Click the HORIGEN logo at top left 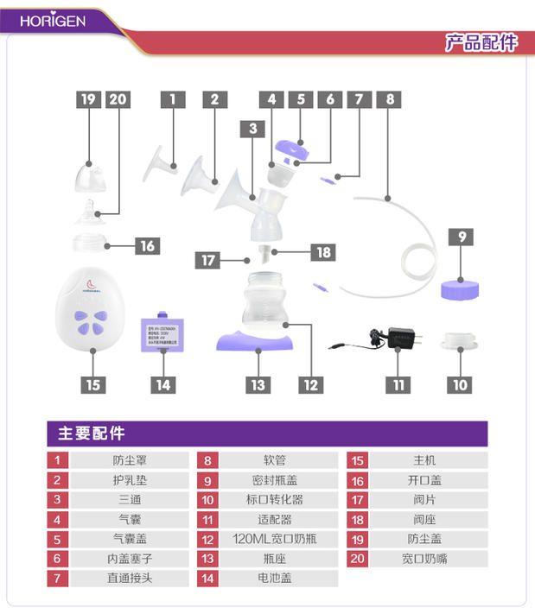click(x=53, y=20)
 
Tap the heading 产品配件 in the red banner click(x=481, y=42)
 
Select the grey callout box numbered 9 click(x=462, y=235)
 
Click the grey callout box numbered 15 click(x=92, y=384)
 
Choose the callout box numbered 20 click(x=118, y=99)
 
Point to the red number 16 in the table click(x=358, y=480)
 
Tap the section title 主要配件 click(x=91, y=434)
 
